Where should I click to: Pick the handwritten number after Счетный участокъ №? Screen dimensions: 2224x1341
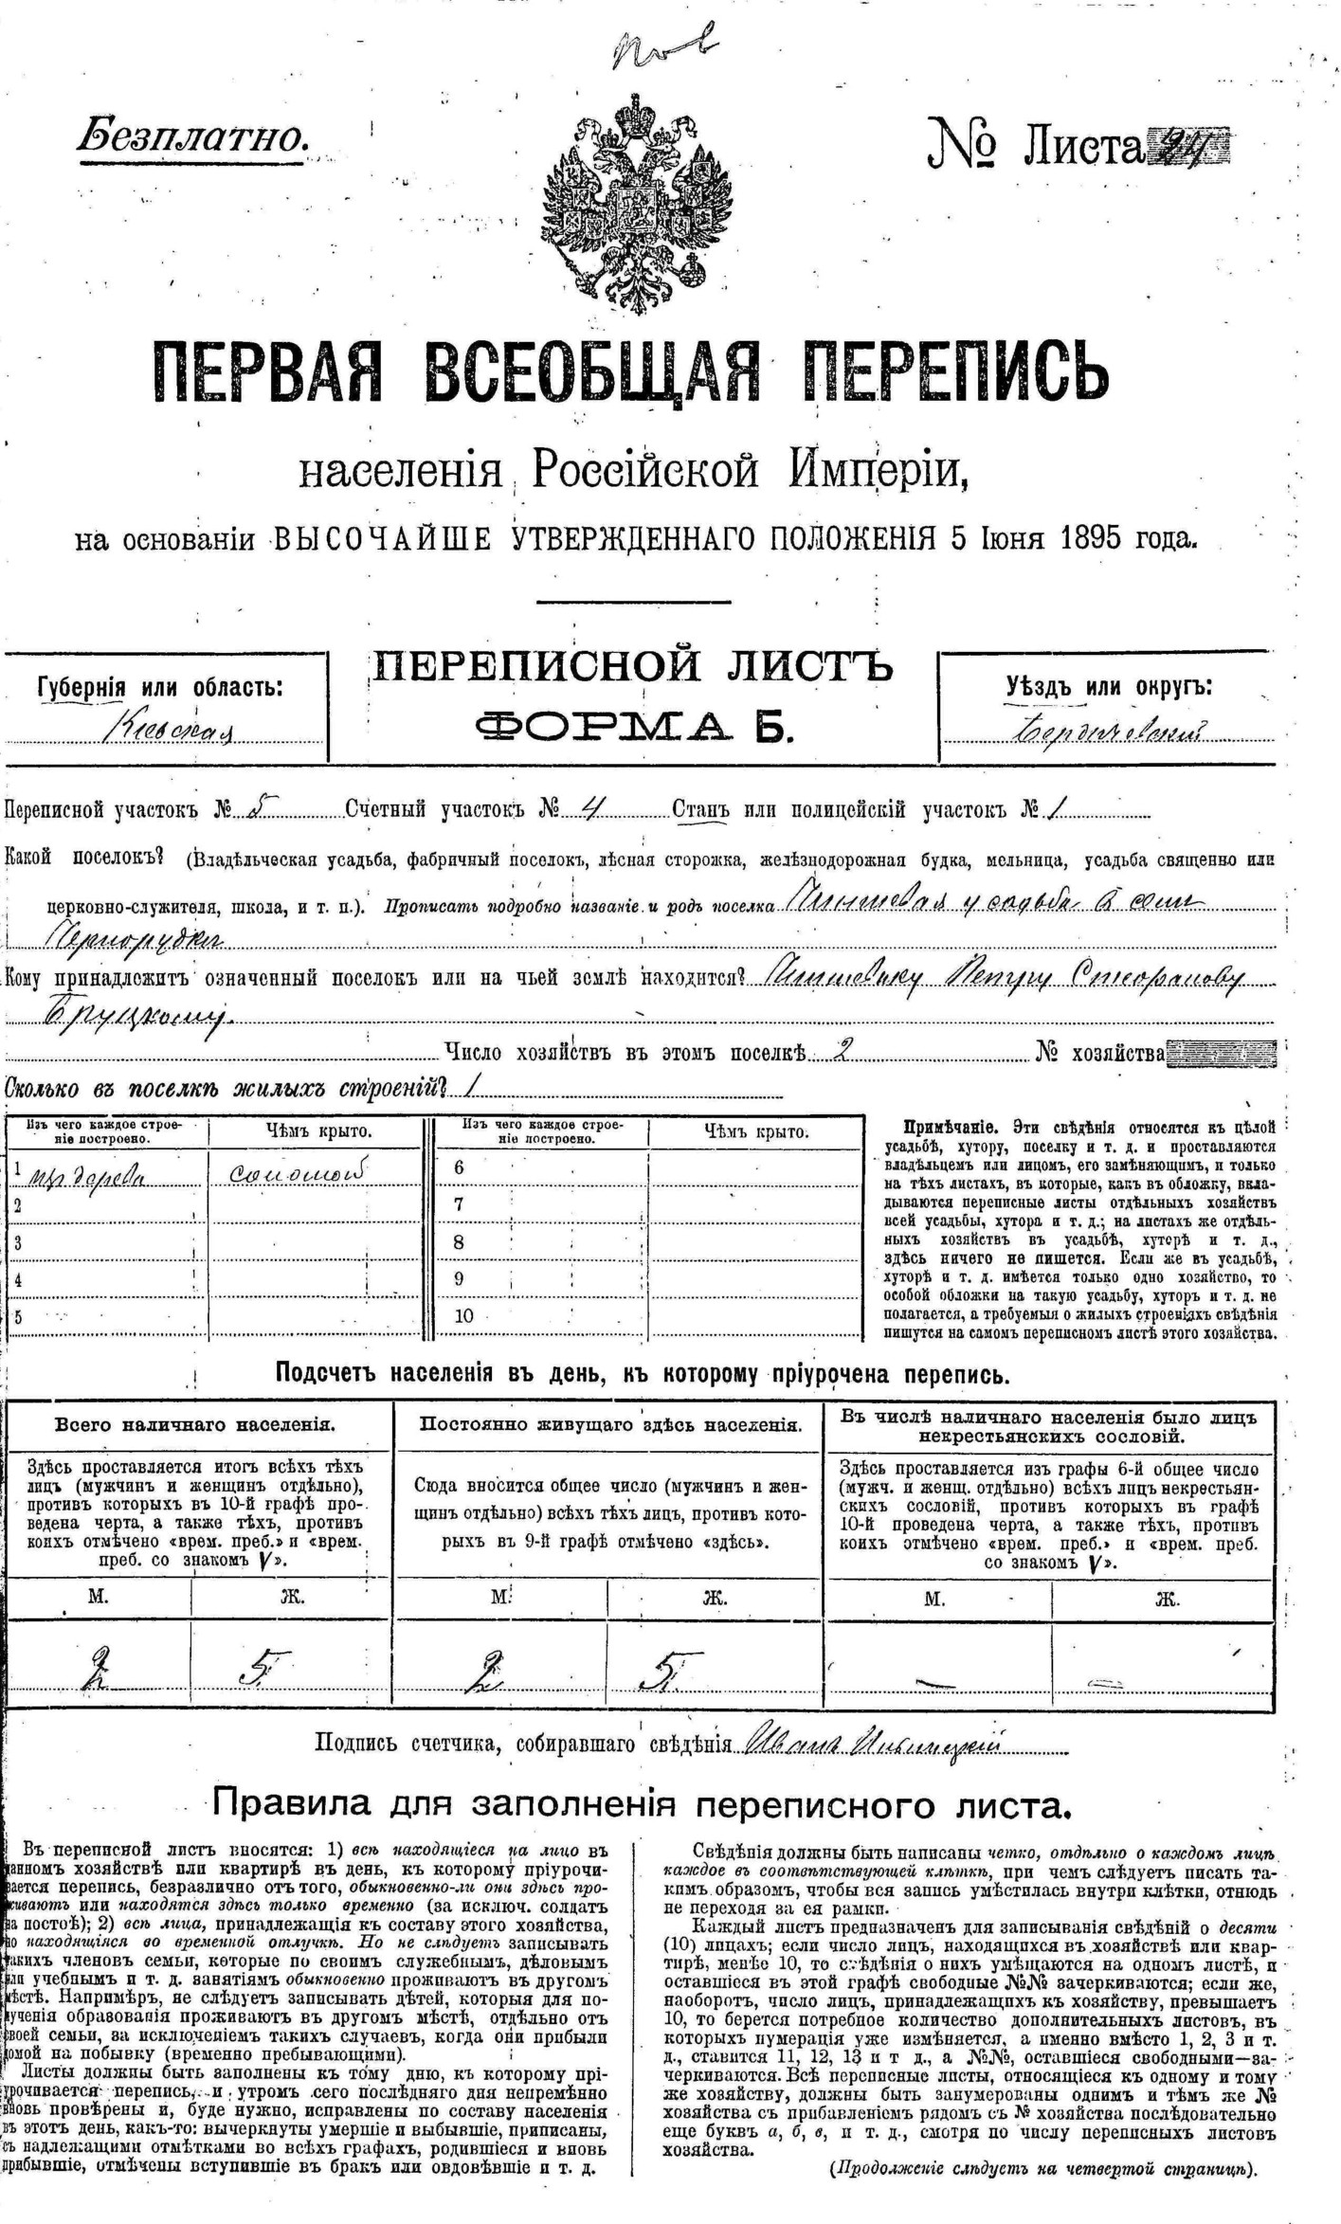590,807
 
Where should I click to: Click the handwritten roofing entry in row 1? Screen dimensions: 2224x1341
298,1172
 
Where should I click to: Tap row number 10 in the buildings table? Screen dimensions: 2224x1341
464,1315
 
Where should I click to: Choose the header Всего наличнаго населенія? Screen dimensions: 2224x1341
194,1424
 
